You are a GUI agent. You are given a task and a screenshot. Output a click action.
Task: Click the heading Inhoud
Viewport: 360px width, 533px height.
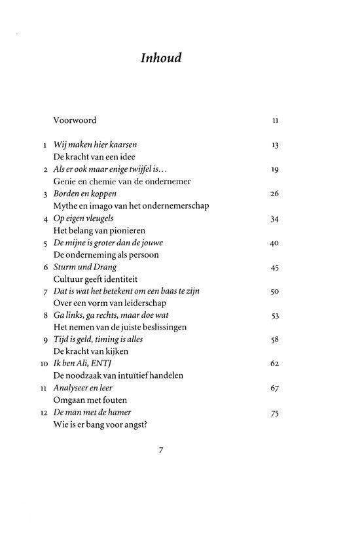coord(160,58)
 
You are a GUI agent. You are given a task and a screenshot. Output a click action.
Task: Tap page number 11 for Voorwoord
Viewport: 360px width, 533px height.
coord(276,121)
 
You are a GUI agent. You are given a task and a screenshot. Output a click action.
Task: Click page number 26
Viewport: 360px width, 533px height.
coord(275,194)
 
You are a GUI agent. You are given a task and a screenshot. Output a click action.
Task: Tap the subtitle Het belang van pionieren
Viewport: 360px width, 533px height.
coord(99,230)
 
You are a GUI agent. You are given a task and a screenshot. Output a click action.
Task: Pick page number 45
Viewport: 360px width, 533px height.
coord(275,267)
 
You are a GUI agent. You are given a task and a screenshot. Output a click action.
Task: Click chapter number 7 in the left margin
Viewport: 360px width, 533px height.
coord(45,291)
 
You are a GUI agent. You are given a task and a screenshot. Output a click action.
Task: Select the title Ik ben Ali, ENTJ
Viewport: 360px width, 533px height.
coord(83,364)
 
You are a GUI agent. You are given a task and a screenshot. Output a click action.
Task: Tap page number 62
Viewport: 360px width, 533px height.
coord(275,364)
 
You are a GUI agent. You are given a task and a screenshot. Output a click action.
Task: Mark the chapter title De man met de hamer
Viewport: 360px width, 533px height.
coord(92,412)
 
